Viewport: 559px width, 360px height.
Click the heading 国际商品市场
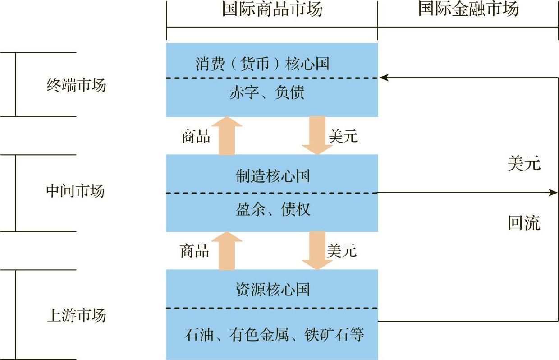[x=272, y=9]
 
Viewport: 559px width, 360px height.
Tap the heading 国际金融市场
[x=468, y=9]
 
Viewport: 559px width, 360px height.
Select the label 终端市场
[x=76, y=85]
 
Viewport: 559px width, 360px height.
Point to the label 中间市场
[x=75, y=191]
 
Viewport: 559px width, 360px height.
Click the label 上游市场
[x=77, y=315]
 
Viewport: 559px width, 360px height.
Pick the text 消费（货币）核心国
[x=262, y=64]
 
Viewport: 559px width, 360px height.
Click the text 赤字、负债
[x=267, y=92]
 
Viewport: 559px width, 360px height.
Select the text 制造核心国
[x=273, y=176]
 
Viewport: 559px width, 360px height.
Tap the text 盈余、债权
[x=273, y=209]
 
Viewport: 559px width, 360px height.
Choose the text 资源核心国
[x=273, y=289]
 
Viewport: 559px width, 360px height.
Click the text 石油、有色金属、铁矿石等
[x=274, y=334]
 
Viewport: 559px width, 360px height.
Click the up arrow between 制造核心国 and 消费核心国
[x=227, y=136]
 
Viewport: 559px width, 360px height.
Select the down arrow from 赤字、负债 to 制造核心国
[x=317, y=135]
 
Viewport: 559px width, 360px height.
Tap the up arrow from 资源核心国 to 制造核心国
[x=227, y=251]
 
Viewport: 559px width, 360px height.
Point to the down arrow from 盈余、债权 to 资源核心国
[x=317, y=251]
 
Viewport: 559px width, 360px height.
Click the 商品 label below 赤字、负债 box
[x=196, y=136]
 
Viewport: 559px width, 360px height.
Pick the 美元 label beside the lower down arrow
[x=342, y=250]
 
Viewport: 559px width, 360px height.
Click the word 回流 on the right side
[x=524, y=222]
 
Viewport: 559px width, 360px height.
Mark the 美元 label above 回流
[x=524, y=163]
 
